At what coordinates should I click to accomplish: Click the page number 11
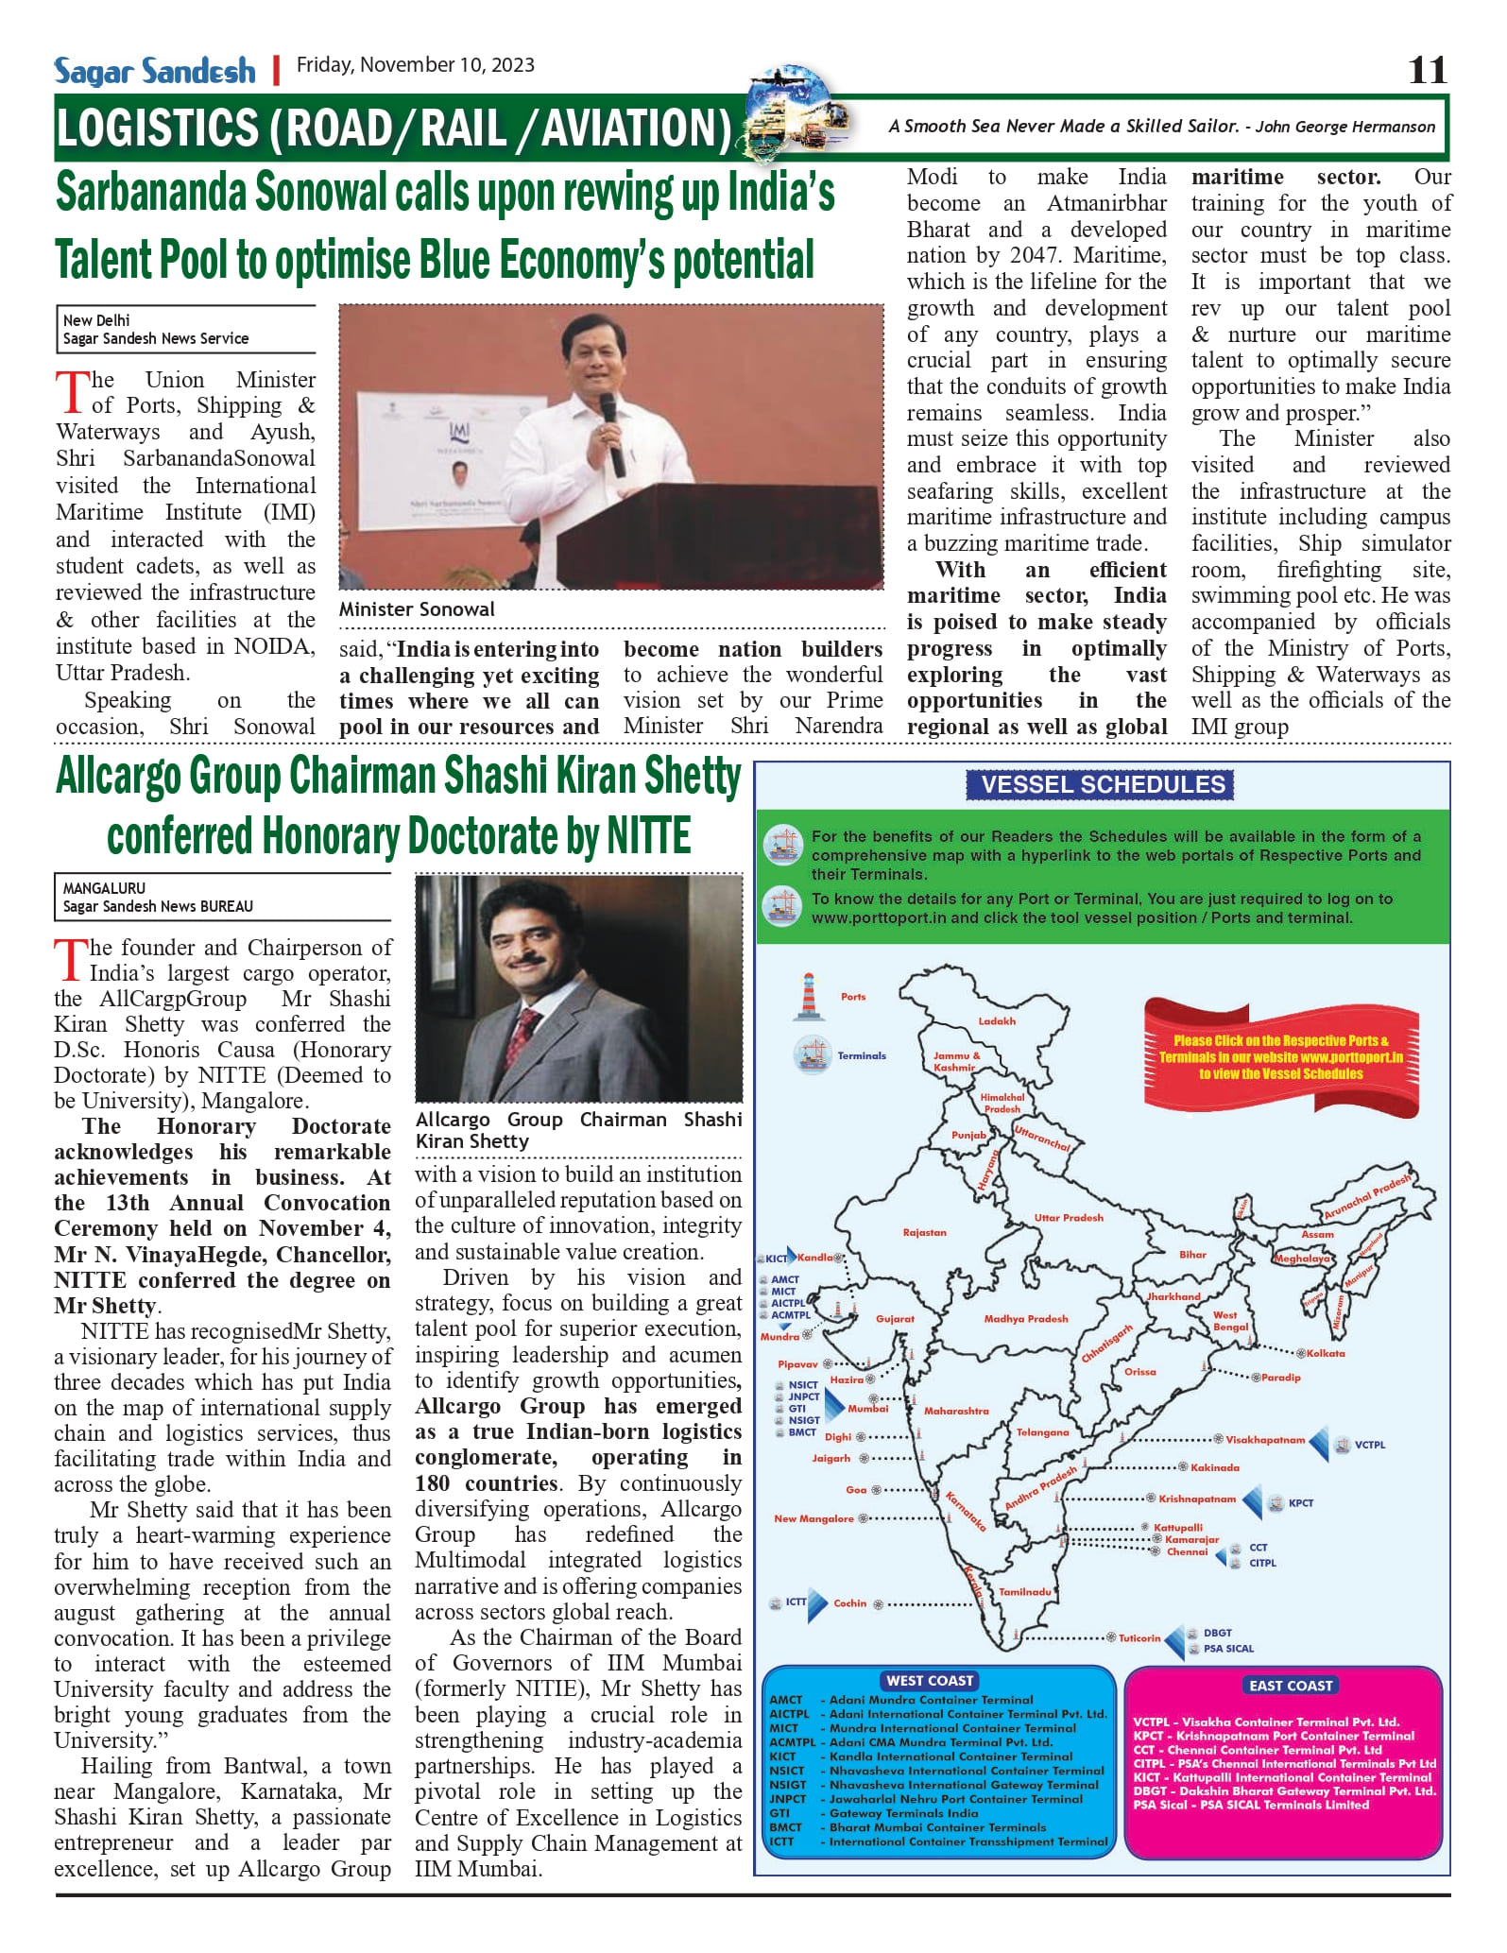1427,70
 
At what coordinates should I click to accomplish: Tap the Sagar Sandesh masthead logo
154,71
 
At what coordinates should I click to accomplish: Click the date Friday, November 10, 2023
415,65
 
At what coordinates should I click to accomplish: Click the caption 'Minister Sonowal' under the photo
417,609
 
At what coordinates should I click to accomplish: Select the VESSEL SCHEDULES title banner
1102,784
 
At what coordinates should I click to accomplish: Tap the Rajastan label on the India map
924,1232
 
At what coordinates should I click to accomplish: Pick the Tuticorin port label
1139,1637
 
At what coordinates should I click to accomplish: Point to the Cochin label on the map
849,1602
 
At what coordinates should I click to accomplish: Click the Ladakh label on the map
997,1020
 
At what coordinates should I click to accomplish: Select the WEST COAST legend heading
929,1680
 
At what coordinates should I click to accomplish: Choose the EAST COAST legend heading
1290,1685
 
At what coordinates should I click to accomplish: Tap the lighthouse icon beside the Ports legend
808,996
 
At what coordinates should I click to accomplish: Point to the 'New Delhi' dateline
96,320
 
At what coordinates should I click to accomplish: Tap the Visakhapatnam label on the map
1264,1440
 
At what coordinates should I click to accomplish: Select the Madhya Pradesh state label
1025,1318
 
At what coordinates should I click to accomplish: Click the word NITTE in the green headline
648,837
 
